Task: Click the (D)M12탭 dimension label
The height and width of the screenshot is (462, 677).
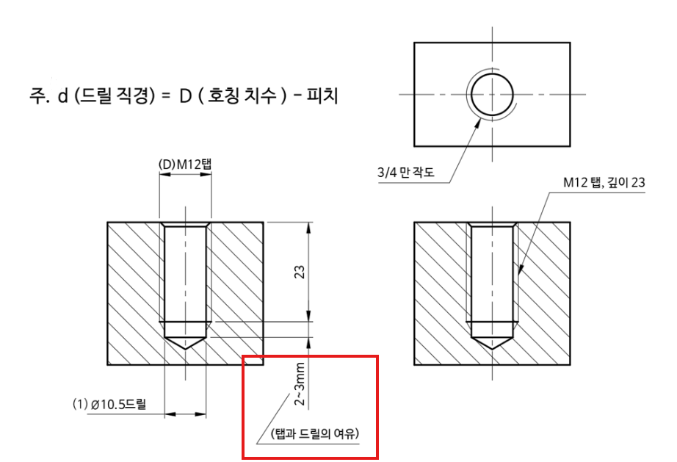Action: [x=185, y=165]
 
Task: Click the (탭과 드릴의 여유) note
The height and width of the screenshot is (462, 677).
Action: [x=315, y=433]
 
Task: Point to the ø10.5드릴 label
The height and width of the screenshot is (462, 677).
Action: [x=119, y=405]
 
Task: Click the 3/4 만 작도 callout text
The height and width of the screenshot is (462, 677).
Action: [x=406, y=173]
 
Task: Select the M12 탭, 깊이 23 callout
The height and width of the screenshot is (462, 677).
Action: [x=604, y=182]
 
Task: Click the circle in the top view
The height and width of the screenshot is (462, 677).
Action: [x=492, y=73]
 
